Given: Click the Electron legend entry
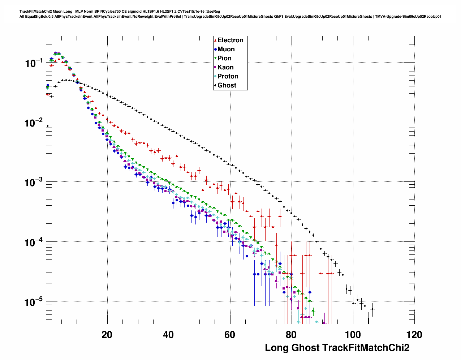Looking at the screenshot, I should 230,40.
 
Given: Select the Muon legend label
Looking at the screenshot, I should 226,49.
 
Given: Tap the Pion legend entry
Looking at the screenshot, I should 224,58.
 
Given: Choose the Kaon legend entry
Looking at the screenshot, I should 225,67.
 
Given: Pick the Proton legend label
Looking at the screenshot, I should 228,76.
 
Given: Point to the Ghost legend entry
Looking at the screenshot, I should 227,85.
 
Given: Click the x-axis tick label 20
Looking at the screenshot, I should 107,335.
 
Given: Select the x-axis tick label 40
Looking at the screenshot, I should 168,335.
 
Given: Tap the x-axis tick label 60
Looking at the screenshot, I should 230,335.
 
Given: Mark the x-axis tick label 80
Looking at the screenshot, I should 291,335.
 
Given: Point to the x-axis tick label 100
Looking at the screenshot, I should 353,335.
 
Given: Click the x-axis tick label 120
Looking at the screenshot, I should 414,335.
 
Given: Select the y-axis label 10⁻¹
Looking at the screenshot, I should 34,63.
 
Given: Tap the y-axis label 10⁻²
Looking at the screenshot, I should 34,123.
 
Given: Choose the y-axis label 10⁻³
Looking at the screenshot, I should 34,183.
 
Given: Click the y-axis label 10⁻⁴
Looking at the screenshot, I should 34,242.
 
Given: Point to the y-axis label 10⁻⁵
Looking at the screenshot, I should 34,302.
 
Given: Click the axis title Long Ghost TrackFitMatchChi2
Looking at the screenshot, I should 337,348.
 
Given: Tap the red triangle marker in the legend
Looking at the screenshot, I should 215,40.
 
